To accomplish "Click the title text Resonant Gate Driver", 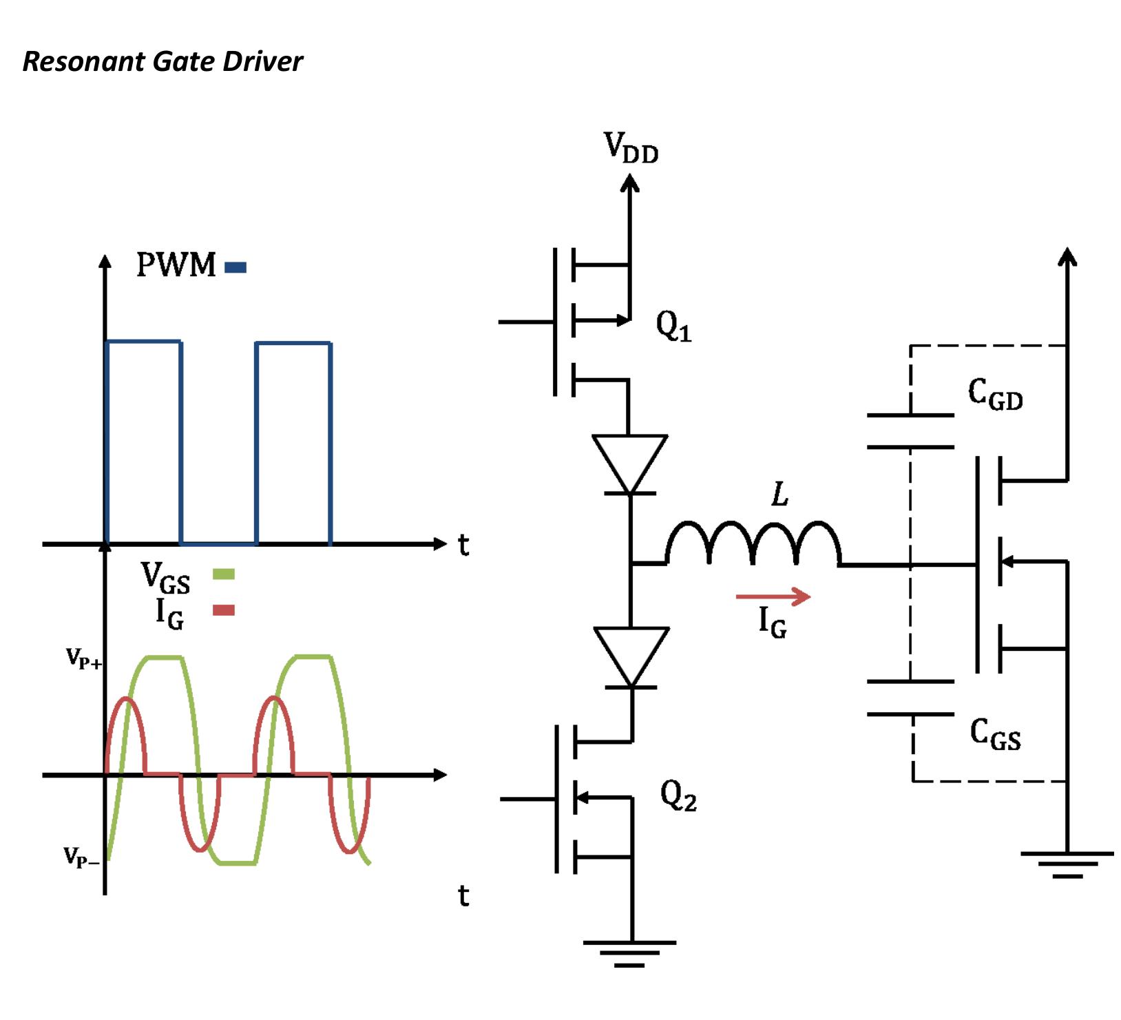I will pyautogui.click(x=163, y=62).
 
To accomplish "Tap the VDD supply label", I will pyautogui.click(x=631, y=148).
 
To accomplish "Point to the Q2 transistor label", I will pyautogui.click(x=678, y=796).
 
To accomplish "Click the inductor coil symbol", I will pyautogui.click(x=753, y=544).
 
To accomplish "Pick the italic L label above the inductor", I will pyautogui.click(x=779, y=495).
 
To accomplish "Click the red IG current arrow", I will pyautogui.click(x=773, y=596).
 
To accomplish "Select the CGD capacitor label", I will pyautogui.click(x=995, y=395).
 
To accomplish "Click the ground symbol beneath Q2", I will pyautogui.click(x=629, y=953).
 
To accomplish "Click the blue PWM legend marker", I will pyautogui.click(x=235, y=267).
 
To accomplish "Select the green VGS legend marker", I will pyautogui.click(x=224, y=574).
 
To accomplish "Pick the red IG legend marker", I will pyautogui.click(x=224, y=610).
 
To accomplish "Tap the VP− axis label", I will pyautogui.click(x=82, y=857).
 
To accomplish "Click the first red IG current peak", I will pyautogui.click(x=125, y=700).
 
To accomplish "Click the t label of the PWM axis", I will pyautogui.click(x=463, y=545).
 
